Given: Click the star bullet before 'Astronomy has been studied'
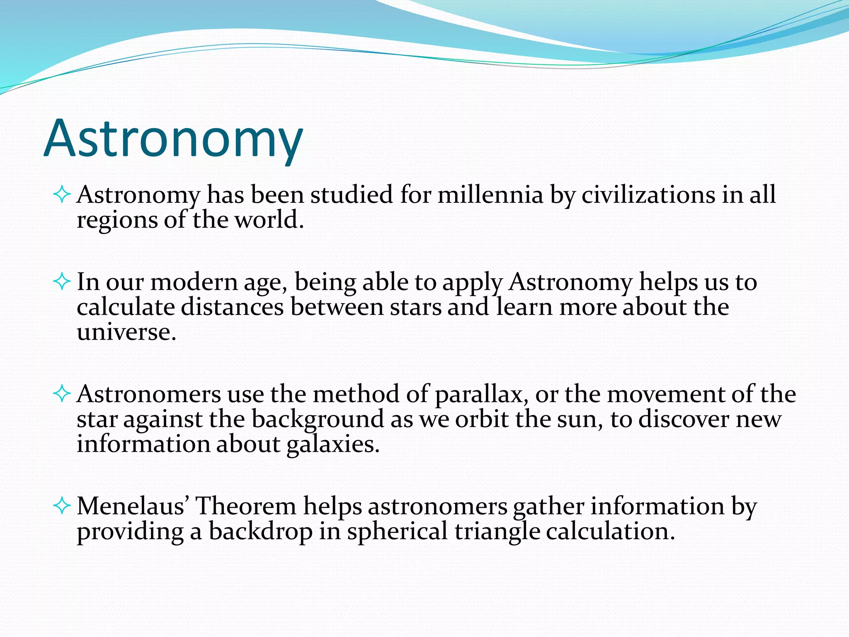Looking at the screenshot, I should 62,195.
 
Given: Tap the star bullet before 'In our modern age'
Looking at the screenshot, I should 62,282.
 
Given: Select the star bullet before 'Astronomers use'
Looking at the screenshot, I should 62,394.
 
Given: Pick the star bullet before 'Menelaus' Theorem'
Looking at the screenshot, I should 62,506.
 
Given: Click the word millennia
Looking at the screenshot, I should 490,195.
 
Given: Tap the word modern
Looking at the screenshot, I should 194,282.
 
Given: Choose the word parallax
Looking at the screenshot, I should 478,394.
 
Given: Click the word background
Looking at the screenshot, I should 318,419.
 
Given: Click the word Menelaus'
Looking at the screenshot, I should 133,506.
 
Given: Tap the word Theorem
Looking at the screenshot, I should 245,506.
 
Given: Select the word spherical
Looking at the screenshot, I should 397,532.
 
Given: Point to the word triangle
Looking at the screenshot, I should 497,532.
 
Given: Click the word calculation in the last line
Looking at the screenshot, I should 607,531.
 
